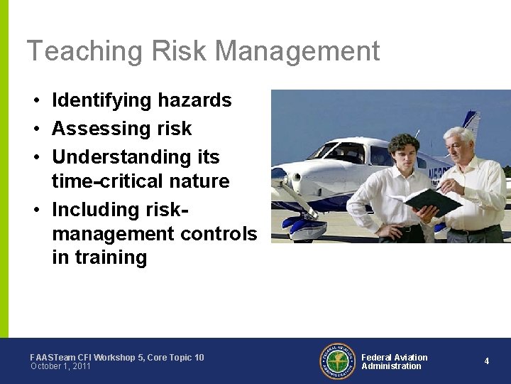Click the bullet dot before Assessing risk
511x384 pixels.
point(35,129)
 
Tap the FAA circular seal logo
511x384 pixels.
point(336,361)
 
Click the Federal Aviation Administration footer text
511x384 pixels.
point(394,362)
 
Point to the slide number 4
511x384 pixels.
point(486,361)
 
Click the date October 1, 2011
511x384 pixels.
point(60,366)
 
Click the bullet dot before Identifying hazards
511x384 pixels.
point(35,101)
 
